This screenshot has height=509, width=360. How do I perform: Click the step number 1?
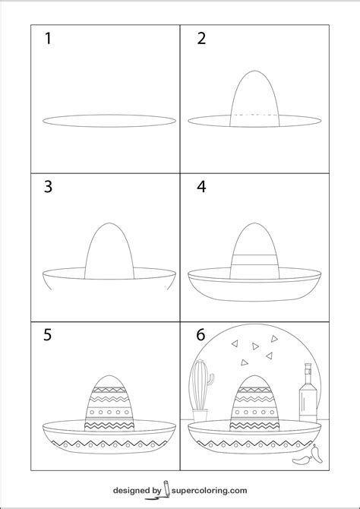point(48,39)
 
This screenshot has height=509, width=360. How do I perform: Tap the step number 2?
point(202,39)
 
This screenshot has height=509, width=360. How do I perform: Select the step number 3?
point(48,187)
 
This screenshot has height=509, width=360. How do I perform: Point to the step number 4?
point(202,187)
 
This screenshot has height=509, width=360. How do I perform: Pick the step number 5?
point(48,335)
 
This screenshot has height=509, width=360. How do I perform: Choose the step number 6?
point(202,335)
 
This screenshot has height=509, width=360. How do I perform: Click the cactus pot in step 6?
point(200,416)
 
